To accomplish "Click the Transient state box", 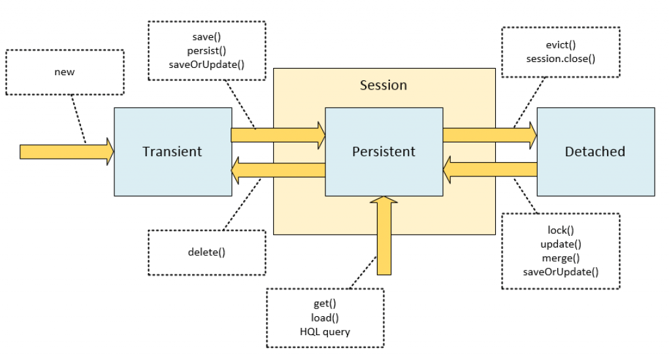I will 172,152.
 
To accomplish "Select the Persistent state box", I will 383,152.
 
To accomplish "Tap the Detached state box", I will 595,152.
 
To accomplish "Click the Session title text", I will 383,86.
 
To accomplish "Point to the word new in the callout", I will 64,72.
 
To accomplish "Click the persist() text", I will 206,51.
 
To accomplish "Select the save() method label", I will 206,38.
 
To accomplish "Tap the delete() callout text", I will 206,252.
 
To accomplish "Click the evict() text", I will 560,46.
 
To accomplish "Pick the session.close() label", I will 560,59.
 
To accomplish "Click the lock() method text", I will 561,231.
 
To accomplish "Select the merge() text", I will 561,257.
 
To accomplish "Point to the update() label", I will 561,244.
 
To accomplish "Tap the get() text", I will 325,304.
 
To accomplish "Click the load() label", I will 325,318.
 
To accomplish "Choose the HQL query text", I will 325,331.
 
